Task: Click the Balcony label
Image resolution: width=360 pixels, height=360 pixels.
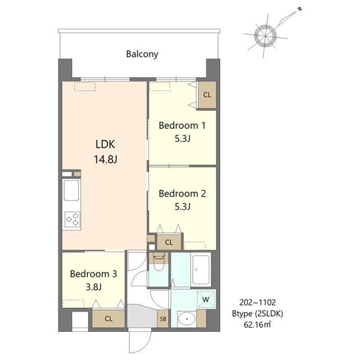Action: (142, 54)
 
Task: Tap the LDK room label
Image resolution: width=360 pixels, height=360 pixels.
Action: (105, 145)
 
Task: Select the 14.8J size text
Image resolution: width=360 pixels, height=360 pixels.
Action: (105, 159)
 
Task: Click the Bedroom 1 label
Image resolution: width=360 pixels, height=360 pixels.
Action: (182, 125)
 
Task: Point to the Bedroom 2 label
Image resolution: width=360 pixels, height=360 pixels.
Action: (182, 193)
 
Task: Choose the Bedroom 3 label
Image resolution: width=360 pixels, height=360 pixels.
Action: (93, 274)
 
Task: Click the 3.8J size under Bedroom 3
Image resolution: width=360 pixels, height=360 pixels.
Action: (94, 287)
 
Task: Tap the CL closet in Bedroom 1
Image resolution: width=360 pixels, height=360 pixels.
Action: (207, 95)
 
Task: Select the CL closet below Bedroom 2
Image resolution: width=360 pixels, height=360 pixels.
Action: (169, 242)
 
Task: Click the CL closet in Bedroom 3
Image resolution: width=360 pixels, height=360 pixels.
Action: (109, 319)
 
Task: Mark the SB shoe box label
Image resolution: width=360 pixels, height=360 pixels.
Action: (163, 319)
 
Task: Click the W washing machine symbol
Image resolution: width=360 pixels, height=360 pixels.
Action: (206, 299)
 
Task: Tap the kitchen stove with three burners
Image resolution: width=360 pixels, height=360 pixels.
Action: (73, 219)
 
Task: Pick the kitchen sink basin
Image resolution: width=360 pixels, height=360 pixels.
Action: (71, 190)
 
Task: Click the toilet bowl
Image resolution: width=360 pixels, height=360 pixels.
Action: (158, 263)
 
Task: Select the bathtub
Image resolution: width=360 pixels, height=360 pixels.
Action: (201, 269)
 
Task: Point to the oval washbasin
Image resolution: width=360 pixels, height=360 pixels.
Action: (187, 319)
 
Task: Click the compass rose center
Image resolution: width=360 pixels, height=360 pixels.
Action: (265, 36)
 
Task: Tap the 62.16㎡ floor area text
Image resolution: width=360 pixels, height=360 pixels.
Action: (257, 325)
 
